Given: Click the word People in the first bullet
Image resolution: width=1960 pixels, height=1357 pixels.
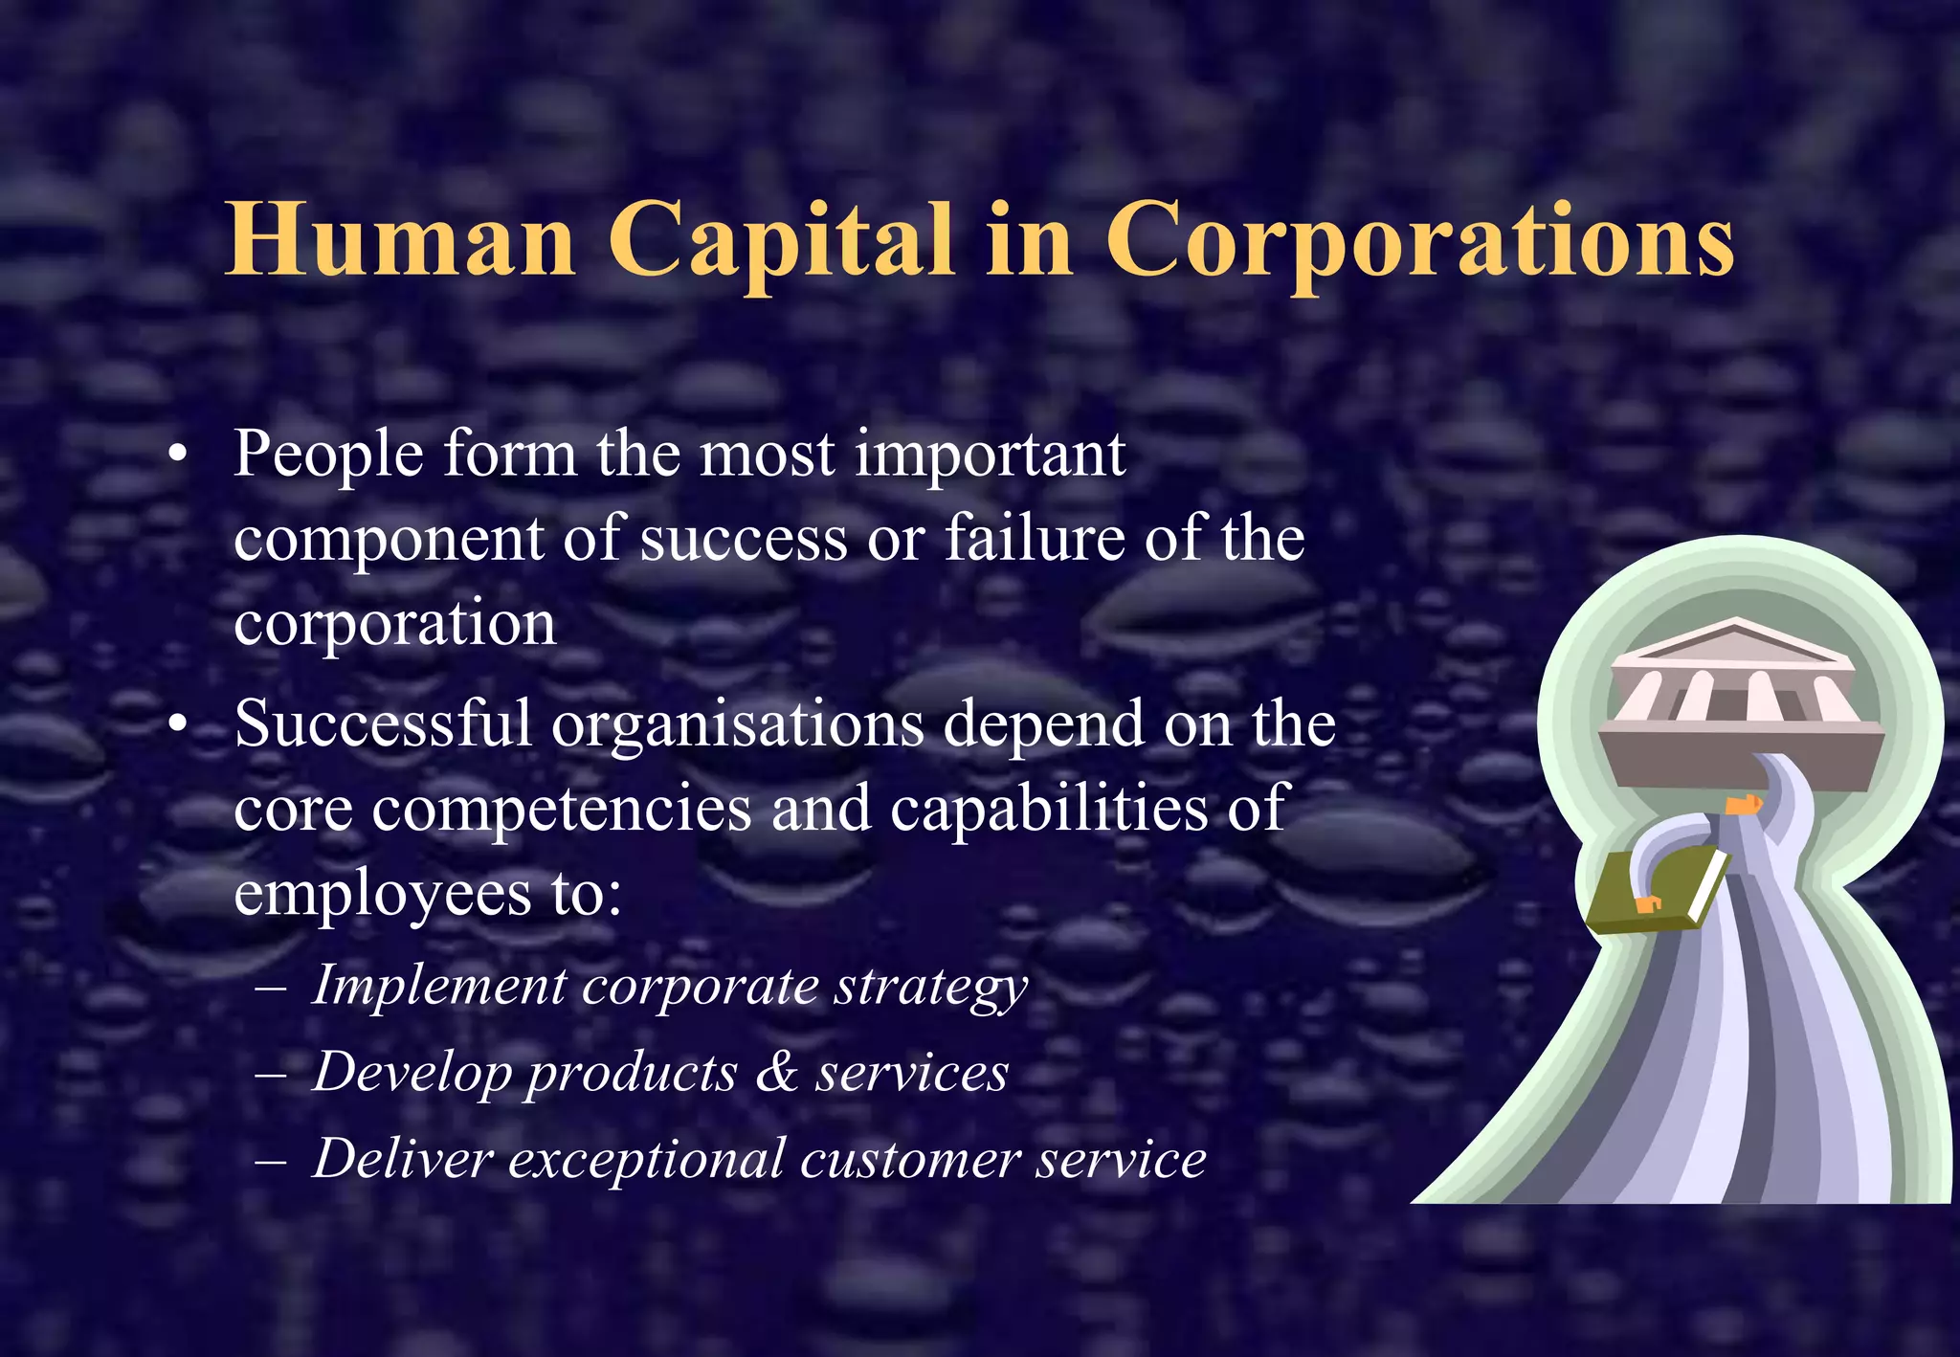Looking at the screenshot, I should [328, 454].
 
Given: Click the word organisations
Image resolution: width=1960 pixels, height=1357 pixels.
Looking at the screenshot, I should [738, 725].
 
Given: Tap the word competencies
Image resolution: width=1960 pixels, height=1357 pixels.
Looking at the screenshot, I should [562, 809].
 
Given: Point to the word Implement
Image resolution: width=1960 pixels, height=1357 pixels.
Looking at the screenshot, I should [439, 987].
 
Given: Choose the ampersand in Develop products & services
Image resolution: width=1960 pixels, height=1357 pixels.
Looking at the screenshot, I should [776, 1072].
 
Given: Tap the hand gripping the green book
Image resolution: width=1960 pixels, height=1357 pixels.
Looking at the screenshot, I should [1648, 903].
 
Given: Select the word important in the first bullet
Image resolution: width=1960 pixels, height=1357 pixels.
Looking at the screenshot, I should [990, 454].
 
